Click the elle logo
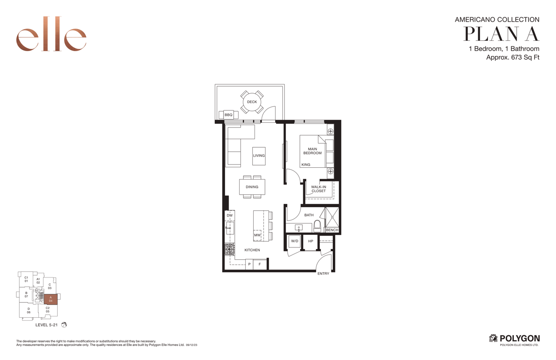(x=51, y=34)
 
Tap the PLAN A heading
(x=502, y=34)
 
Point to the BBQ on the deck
(x=228, y=115)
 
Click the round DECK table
(x=252, y=102)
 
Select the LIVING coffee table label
(x=259, y=155)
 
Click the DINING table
(x=252, y=187)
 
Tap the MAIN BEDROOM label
(x=312, y=151)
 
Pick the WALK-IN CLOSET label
(x=318, y=189)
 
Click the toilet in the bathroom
(x=317, y=225)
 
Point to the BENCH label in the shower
(x=332, y=230)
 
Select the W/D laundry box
(x=295, y=241)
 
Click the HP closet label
(x=311, y=241)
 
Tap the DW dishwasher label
(x=230, y=215)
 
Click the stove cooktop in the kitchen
(x=230, y=249)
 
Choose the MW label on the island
(x=257, y=235)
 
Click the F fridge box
(x=260, y=264)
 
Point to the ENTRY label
(x=323, y=273)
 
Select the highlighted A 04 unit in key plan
(x=51, y=299)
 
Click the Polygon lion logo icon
(x=493, y=338)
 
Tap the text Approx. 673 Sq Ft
(x=513, y=58)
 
